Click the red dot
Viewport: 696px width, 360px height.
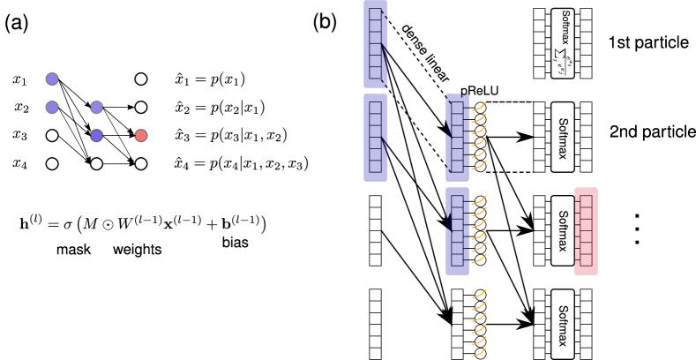coord(140,135)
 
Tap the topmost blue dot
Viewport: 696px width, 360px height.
coord(52,79)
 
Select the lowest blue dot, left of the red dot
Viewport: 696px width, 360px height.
coord(96,135)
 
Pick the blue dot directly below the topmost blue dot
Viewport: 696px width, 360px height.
coord(52,107)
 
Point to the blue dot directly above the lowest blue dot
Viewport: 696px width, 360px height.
coord(96,107)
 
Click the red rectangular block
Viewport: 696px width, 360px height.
coord(586,231)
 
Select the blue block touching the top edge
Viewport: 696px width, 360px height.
coord(376,44)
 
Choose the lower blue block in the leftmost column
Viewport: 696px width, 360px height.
coord(376,138)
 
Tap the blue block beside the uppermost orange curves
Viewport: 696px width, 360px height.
coord(457,138)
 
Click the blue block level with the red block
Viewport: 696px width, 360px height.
coord(457,231)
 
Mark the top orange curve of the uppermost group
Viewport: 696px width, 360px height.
coord(479,107)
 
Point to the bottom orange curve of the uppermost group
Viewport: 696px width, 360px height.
coord(479,165)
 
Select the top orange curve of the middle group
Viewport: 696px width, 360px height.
coord(479,200)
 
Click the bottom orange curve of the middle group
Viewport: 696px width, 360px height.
coord(479,259)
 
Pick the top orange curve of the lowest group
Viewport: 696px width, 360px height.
coord(479,294)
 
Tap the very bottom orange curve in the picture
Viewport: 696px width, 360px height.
coord(479,352)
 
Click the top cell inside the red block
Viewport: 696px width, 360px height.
coord(586,202)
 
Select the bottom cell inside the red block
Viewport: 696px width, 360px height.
coord(586,260)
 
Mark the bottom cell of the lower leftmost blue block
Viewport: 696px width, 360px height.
coord(376,166)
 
